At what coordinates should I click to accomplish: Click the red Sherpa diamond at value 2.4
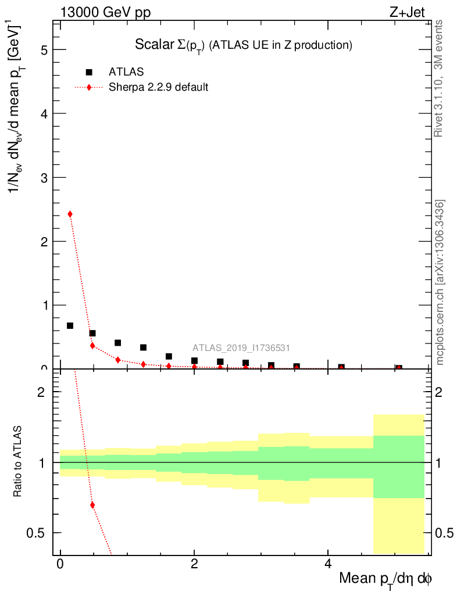[70, 214]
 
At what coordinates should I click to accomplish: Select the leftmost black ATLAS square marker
[70, 325]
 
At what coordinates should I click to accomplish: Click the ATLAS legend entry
[126, 72]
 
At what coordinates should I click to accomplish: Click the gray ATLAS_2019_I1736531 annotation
[241, 348]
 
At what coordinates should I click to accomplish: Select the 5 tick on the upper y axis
[44, 50]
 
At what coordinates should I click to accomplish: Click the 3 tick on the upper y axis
[44, 177]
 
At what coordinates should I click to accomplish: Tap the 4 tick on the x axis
[328, 564]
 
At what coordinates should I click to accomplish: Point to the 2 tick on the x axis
[194, 564]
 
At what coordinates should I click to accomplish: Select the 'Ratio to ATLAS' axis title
[19, 463]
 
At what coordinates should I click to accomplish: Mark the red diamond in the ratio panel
[92, 504]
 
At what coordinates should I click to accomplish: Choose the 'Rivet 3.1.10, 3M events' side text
[439, 78]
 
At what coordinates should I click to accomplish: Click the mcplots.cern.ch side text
[440, 282]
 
